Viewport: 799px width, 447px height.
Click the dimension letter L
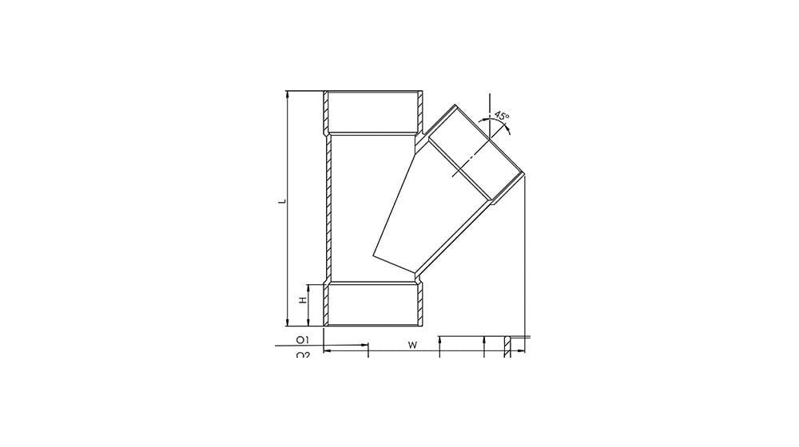281,201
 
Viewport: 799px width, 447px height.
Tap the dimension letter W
411,345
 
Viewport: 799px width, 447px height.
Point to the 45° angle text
501,117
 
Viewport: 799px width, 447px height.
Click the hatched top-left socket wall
327,112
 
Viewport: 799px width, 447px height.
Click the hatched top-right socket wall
419,112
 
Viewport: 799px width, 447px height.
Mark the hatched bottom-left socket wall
327,303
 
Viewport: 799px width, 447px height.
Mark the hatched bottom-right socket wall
419,303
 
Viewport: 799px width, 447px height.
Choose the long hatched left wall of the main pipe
328,208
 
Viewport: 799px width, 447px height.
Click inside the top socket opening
373,112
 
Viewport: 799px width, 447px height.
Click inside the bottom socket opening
373,303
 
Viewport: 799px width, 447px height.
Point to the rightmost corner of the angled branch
523,176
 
